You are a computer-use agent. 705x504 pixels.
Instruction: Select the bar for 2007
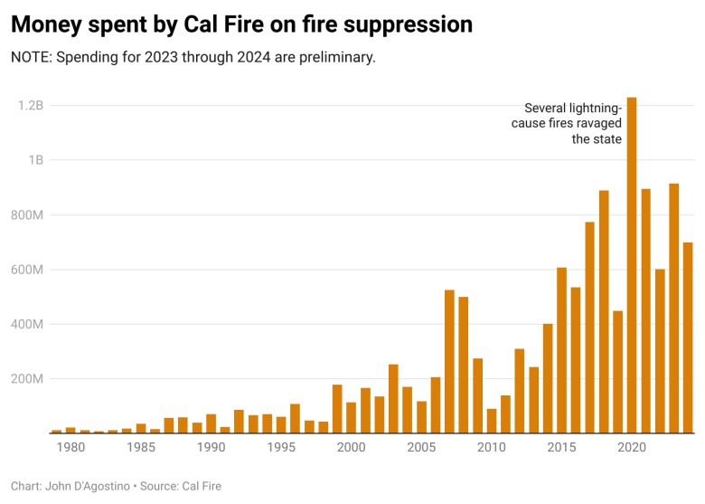[449, 361]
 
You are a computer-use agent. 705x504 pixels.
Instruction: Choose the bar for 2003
[393, 398]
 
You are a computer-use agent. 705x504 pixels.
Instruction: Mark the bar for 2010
[492, 421]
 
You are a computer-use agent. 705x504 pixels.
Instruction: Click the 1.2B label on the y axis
[31, 106]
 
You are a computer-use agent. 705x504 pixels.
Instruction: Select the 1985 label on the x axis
[140, 447]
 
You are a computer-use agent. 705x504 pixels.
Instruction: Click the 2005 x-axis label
[421, 447]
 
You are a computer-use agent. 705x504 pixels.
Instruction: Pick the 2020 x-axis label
[632, 447]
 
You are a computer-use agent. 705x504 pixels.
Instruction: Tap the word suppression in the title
[413, 24]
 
